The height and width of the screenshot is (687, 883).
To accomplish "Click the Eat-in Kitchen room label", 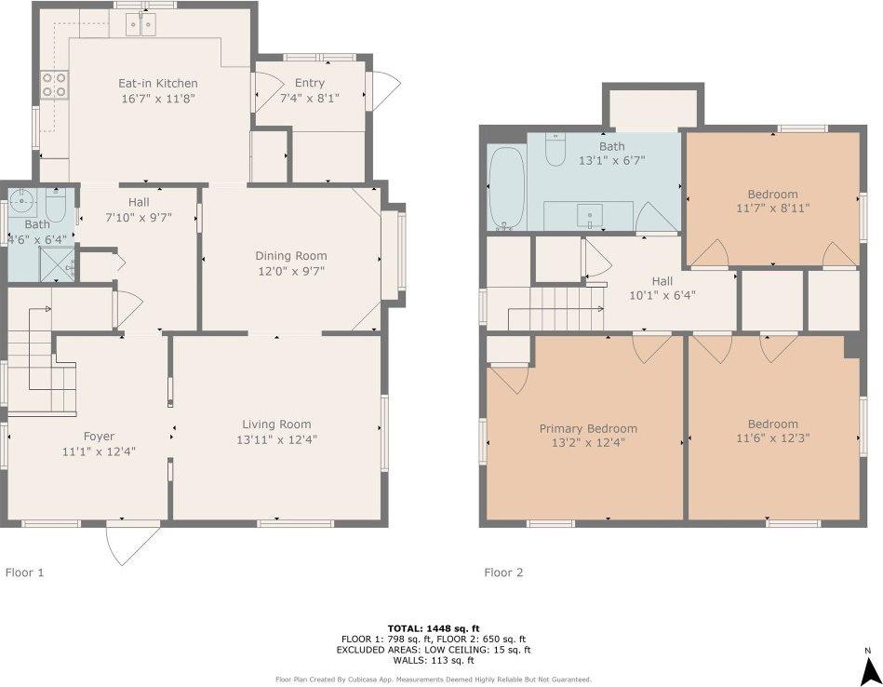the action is pyautogui.click(x=157, y=84).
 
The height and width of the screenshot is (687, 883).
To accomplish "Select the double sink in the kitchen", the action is pyautogui.click(x=140, y=25).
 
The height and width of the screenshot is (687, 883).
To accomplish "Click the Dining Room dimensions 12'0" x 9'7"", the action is pyautogui.click(x=291, y=271).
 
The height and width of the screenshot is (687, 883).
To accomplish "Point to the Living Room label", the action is pyautogui.click(x=276, y=424).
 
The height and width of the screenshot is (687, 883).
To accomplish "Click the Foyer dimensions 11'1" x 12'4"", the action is pyautogui.click(x=99, y=451).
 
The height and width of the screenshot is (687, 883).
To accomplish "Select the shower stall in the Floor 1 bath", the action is pyautogui.click(x=57, y=263).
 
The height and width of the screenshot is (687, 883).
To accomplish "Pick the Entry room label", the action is pyautogui.click(x=309, y=83).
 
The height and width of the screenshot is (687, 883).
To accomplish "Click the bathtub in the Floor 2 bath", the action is pyautogui.click(x=507, y=188).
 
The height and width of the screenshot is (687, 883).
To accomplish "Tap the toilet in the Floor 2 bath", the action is pyautogui.click(x=555, y=150).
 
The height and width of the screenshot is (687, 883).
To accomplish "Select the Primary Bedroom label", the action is pyautogui.click(x=588, y=429).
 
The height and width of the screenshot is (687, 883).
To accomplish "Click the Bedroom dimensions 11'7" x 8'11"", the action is pyautogui.click(x=772, y=208).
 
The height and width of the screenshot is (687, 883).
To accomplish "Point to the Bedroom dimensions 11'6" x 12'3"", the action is pyautogui.click(x=772, y=438).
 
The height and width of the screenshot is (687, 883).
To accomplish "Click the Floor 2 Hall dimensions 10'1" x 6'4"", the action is pyautogui.click(x=662, y=295).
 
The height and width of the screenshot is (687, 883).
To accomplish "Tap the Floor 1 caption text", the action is pyautogui.click(x=24, y=572).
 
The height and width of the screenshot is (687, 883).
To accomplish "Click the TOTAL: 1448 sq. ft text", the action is pyautogui.click(x=434, y=628).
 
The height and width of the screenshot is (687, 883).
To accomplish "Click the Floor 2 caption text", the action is pyautogui.click(x=503, y=572).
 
